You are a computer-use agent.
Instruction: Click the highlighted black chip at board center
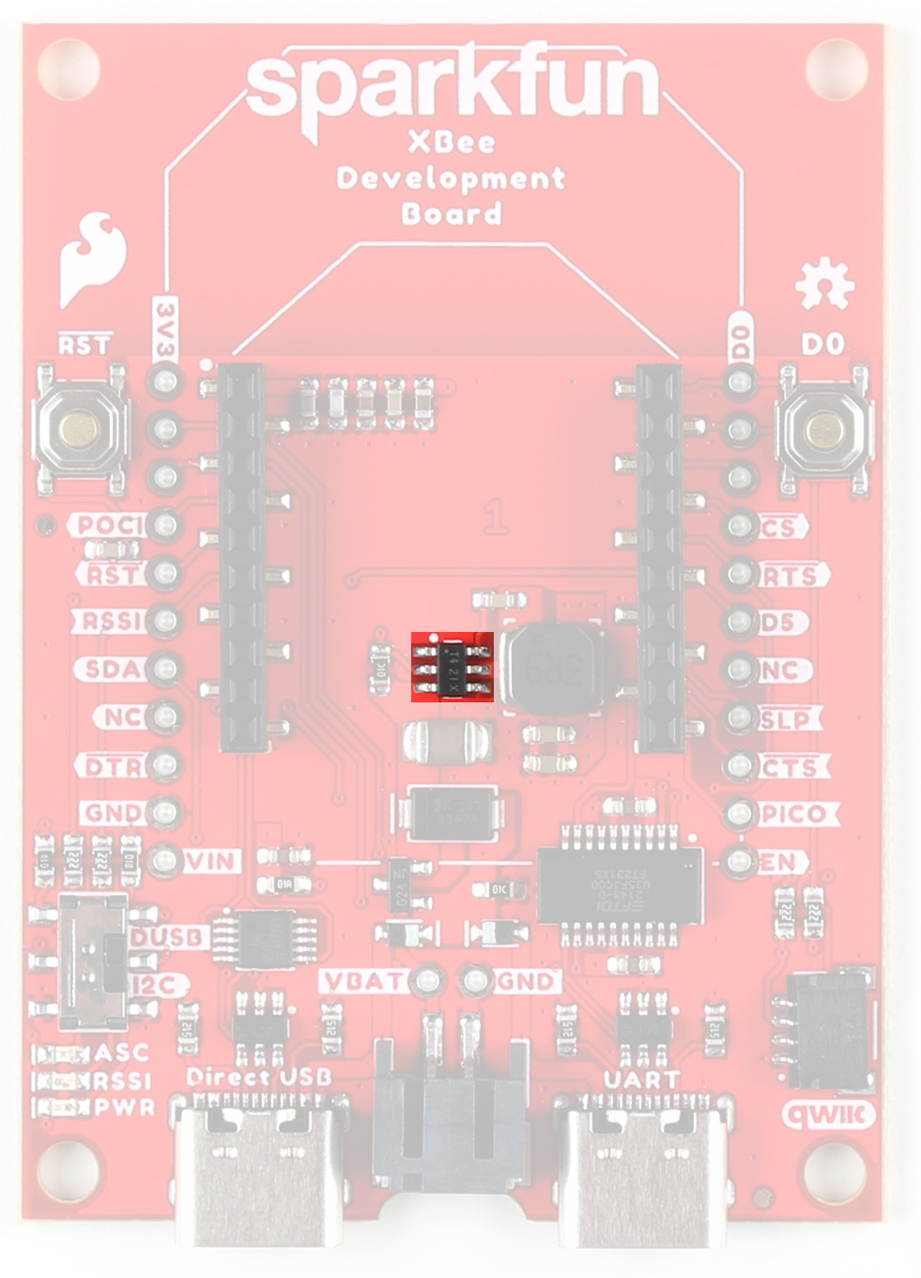tap(453, 667)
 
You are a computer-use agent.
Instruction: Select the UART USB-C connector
tap(642, 1163)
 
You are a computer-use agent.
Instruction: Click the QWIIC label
tap(828, 1115)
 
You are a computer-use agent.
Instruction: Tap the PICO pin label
tap(794, 814)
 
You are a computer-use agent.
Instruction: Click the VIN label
tap(212, 861)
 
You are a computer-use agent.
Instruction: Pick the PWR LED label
tap(125, 1107)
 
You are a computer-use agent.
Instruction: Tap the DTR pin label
tap(114, 766)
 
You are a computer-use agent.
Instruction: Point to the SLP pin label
tap(785, 719)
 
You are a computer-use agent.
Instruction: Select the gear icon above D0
tap(823, 285)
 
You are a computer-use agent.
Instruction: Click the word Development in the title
tap(451, 178)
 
